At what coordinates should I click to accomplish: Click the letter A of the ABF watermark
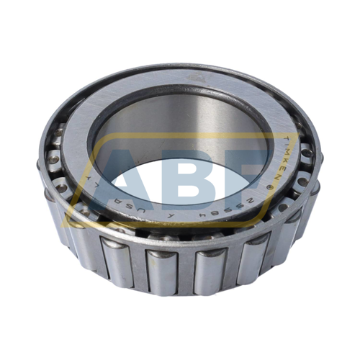click(x=108, y=176)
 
